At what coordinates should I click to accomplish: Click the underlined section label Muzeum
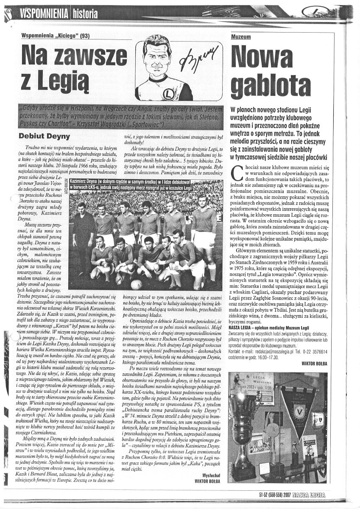click(241, 37)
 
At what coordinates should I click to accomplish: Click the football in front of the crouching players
click(136, 284)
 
